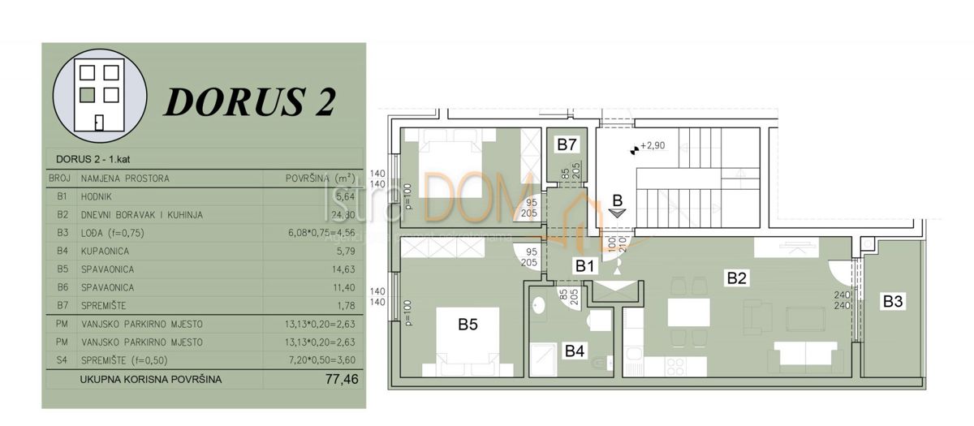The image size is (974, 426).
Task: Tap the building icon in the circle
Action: tap(99, 91)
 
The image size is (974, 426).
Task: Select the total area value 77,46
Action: tap(341, 379)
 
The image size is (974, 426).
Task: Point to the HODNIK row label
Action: tap(97, 196)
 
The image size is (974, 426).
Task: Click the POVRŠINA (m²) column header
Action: tap(321, 179)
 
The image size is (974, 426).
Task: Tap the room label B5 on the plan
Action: tap(468, 325)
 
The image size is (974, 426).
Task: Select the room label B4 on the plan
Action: tap(575, 351)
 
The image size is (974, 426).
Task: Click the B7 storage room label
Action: tap(567, 145)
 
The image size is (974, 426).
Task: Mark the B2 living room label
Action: tap(736, 278)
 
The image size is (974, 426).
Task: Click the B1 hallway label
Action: tap(587, 264)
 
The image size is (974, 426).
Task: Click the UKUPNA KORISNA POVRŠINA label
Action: tap(150, 379)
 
